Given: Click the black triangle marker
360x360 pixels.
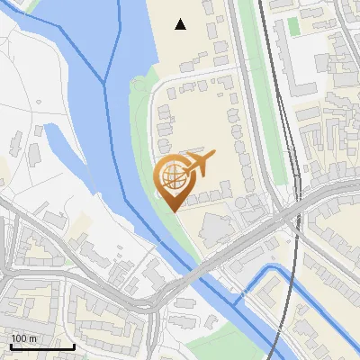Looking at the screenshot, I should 181,24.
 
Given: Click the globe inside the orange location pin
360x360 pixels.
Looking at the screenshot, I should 173,177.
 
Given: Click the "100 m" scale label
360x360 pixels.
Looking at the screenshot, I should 23,337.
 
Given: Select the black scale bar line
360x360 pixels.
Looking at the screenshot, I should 42,346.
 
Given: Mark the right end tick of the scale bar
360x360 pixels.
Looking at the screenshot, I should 74,344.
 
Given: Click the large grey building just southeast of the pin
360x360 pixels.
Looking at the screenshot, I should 215,229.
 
